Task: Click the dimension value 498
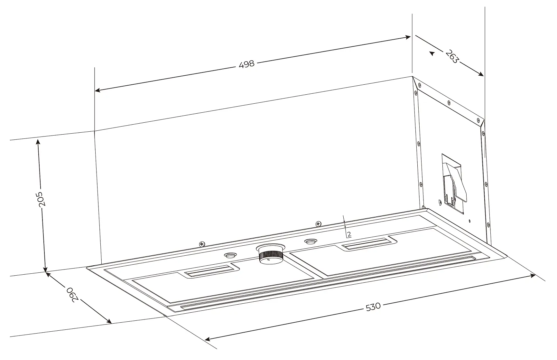247,64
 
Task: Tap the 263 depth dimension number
452,56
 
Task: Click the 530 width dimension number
373,307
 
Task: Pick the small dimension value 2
349,234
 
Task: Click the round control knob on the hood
271,254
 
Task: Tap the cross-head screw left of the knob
202,244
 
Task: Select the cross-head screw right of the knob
318,223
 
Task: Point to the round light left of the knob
229,255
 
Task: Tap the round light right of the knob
310,241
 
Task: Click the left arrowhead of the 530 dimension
208,339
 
